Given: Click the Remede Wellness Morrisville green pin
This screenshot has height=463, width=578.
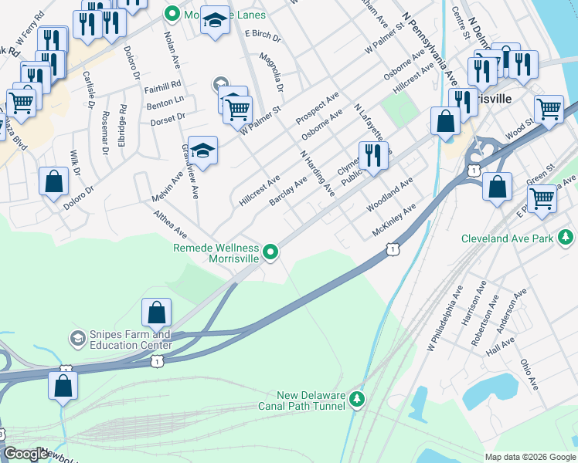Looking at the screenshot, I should click(270, 252).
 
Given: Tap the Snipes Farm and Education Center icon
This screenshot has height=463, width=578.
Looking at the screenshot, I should click(77, 339).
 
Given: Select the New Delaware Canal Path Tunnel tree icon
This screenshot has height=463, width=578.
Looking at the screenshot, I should click(356, 398).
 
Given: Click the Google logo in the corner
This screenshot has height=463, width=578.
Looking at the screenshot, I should click(25, 455).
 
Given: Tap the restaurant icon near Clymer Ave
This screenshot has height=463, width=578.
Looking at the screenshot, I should click(372, 156).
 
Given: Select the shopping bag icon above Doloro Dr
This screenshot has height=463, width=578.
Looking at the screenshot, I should click(54, 182).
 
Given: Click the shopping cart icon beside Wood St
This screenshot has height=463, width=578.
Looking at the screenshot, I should click(549, 109).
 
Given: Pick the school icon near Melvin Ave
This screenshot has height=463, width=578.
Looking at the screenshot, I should click(202, 150).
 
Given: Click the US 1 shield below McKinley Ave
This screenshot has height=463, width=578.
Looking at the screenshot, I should click(393, 249).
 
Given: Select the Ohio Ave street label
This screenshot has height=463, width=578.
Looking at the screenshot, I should click(529, 373).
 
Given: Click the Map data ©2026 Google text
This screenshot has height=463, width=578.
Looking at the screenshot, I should click(530, 457).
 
